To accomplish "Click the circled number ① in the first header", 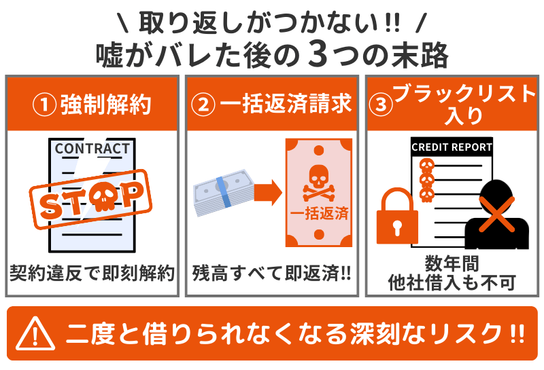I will (44, 105).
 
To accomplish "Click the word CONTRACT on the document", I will (92, 149).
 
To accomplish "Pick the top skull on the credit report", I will (426, 165).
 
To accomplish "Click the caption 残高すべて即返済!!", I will (271, 274).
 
